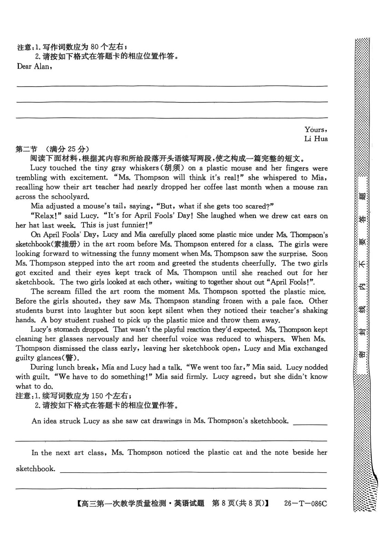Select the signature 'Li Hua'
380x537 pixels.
point(316,139)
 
